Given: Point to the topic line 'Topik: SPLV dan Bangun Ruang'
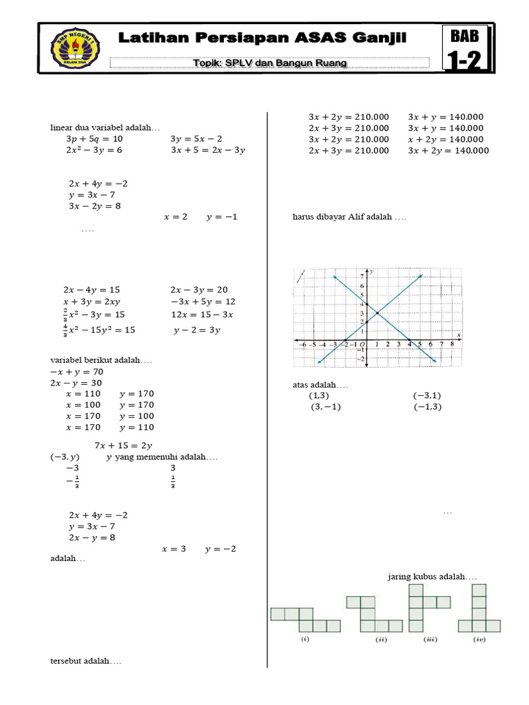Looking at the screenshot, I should pyautogui.click(x=269, y=63).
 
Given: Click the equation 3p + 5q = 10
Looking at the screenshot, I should pyautogui.click(x=94, y=139).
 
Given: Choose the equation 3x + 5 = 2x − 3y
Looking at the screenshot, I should pyautogui.click(x=208, y=150).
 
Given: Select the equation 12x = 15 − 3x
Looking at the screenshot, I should pyautogui.click(x=203, y=314).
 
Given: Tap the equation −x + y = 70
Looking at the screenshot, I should pyautogui.click(x=76, y=371).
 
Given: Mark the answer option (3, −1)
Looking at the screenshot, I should pyautogui.click(x=326, y=407).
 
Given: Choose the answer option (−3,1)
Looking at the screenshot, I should pyautogui.click(x=427, y=396).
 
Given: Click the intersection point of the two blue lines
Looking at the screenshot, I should pyautogui.click(x=377, y=313).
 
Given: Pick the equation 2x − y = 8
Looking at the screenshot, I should pyautogui.click(x=92, y=538).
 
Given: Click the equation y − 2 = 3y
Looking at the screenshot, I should pyautogui.click(x=196, y=330).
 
